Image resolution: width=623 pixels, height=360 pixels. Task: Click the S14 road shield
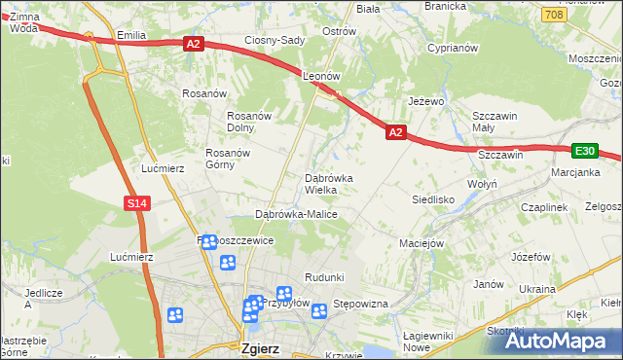[x=137, y=202]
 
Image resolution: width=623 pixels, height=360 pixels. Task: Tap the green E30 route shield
[x=584, y=151]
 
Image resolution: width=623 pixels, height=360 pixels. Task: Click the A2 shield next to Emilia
[x=192, y=43]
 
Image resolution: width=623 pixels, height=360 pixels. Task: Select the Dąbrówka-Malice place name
[x=295, y=213]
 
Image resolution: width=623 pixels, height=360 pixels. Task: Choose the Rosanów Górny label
[x=229, y=159]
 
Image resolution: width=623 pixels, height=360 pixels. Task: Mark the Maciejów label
[x=421, y=242]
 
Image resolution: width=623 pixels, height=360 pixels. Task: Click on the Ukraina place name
[x=536, y=289]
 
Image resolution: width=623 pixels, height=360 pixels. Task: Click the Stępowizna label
[x=361, y=305]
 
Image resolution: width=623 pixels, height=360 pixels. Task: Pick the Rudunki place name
[x=324, y=277]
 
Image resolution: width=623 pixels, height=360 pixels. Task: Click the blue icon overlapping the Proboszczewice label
[x=208, y=241]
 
